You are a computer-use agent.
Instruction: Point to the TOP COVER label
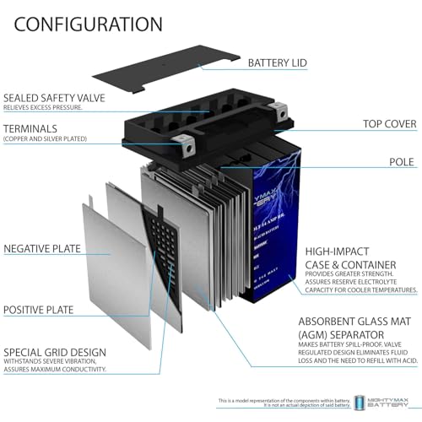(x=390, y=124)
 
